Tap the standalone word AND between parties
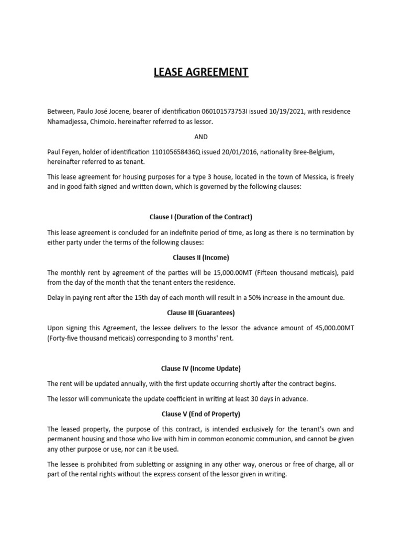click(201, 137)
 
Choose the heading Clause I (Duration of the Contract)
click(201, 217)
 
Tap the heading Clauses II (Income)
click(201, 258)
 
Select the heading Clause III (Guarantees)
click(201, 312)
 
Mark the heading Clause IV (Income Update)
click(201, 368)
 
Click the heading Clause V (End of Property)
click(201, 414)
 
